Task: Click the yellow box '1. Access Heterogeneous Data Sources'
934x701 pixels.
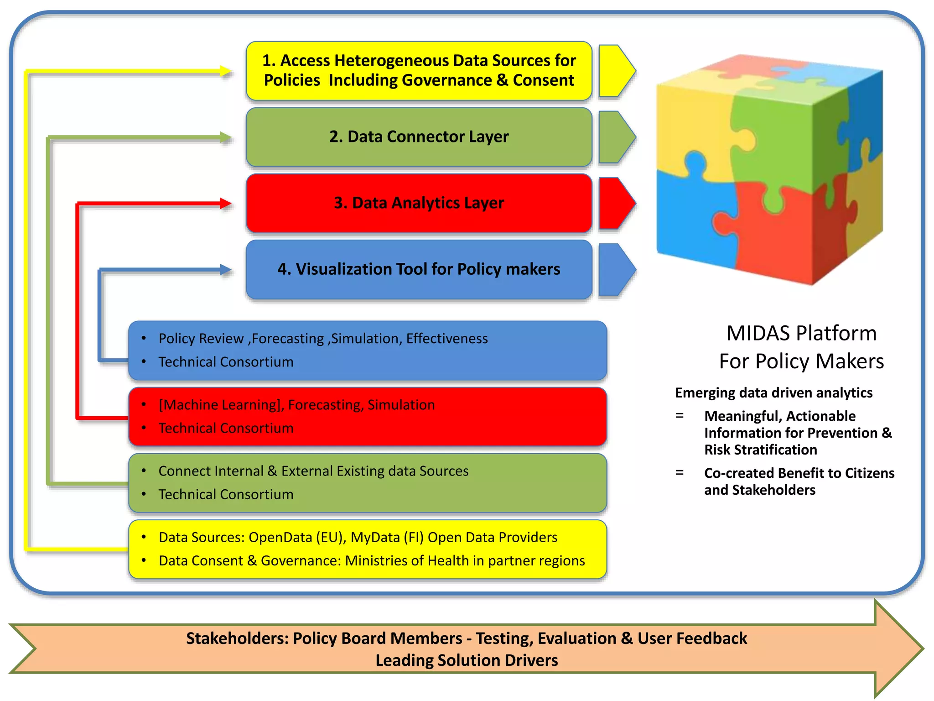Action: click(x=419, y=71)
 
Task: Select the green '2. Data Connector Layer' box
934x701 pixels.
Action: click(x=419, y=137)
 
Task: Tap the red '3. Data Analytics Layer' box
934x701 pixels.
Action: click(x=419, y=203)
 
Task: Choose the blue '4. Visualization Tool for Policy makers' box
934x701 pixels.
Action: click(x=419, y=269)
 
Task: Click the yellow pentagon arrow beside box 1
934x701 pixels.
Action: click(x=615, y=71)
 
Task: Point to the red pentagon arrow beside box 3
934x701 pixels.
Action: click(x=615, y=203)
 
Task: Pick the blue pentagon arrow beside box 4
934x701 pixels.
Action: click(x=615, y=269)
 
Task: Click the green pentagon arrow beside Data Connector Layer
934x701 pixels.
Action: click(x=615, y=137)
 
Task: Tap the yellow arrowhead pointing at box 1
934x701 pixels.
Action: click(x=225, y=71)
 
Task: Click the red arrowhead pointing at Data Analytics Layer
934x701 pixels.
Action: click(x=225, y=204)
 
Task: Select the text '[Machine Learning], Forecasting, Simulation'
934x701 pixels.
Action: click(x=296, y=405)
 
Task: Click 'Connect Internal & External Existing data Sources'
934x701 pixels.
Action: click(x=313, y=471)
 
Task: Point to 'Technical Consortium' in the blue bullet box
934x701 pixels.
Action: click(x=226, y=362)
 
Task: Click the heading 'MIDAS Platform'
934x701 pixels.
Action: click(x=801, y=333)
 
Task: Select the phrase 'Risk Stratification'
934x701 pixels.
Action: click(x=760, y=450)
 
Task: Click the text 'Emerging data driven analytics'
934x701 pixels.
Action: click(x=773, y=392)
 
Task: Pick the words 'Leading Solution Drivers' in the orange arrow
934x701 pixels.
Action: click(x=467, y=660)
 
